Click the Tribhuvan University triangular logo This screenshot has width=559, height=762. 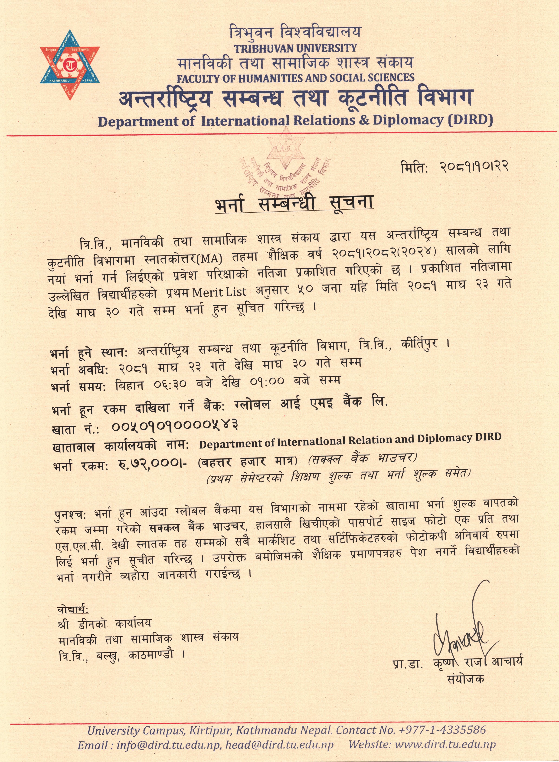(70, 65)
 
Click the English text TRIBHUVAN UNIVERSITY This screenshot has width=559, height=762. (295, 48)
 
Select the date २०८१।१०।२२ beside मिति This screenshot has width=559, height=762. (474, 167)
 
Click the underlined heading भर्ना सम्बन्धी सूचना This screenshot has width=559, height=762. (294, 203)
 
